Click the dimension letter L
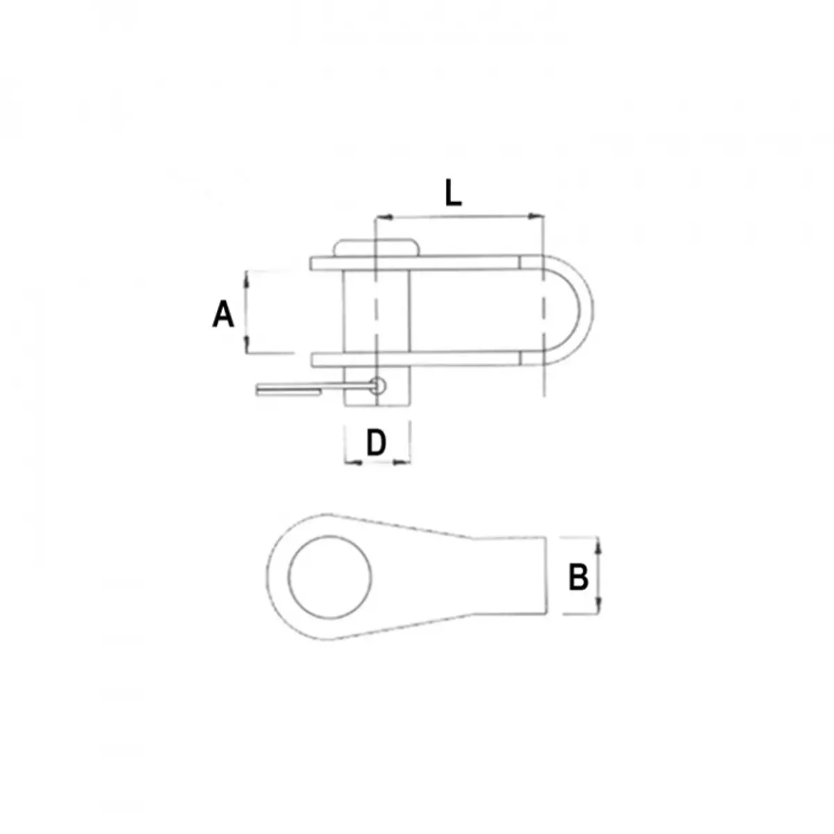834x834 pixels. (452, 194)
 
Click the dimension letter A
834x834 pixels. (223, 314)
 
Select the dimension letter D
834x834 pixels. (376, 443)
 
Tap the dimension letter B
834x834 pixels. (578, 576)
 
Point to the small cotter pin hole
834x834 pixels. (377, 385)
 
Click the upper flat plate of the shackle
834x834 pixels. (417, 263)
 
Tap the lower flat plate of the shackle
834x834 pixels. (417, 359)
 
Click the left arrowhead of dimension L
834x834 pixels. (380, 218)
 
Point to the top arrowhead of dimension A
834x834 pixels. (247, 277)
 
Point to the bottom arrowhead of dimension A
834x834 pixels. (247, 346)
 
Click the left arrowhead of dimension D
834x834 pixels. (351, 461)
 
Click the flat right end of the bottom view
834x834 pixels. (546, 576)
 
